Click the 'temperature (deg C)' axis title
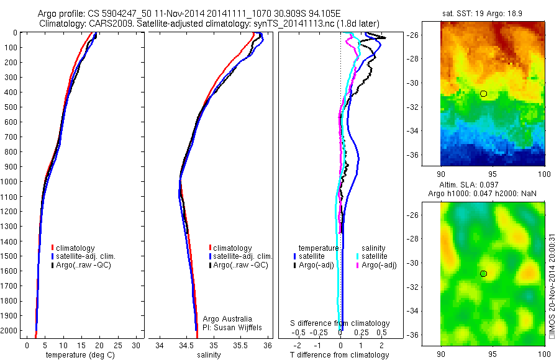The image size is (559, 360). pyautogui.click(x=78, y=355)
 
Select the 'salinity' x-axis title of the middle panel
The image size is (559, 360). pyautogui.click(x=210, y=355)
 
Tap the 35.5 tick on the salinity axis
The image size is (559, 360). pyautogui.click(x=240, y=345)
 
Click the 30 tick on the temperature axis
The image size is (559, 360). pyautogui.click(x=136, y=345)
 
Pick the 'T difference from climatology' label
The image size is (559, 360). pyautogui.click(x=340, y=355)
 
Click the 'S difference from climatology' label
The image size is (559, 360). pyautogui.click(x=340, y=323)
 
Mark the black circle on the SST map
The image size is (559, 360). pyautogui.click(x=483, y=94)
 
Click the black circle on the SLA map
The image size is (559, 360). pyautogui.click(x=483, y=274)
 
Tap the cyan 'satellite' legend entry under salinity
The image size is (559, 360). pyautogui.click(x=373, y=256)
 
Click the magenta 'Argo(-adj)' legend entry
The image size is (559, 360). pyautogui.click(x=376, y=266)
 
